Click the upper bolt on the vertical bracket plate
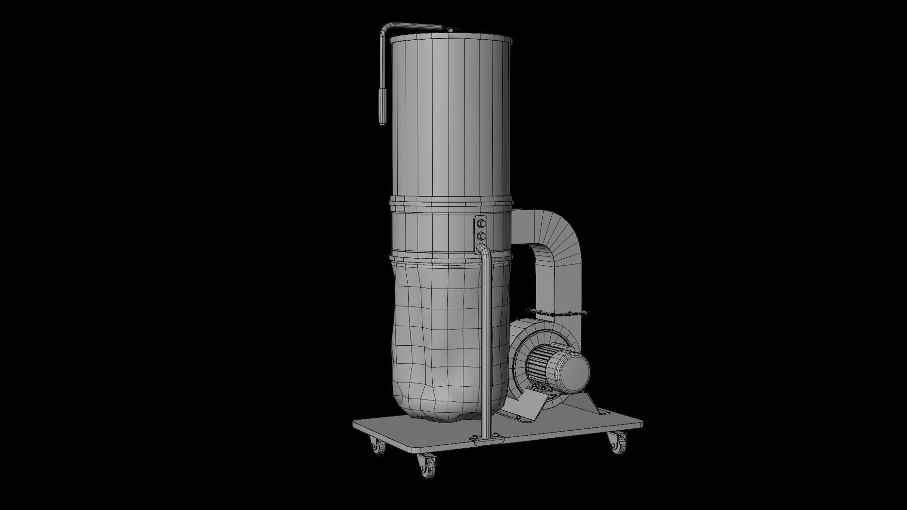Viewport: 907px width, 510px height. tap(481, 222)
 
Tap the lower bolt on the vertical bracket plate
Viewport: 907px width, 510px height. tap(481, 235)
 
